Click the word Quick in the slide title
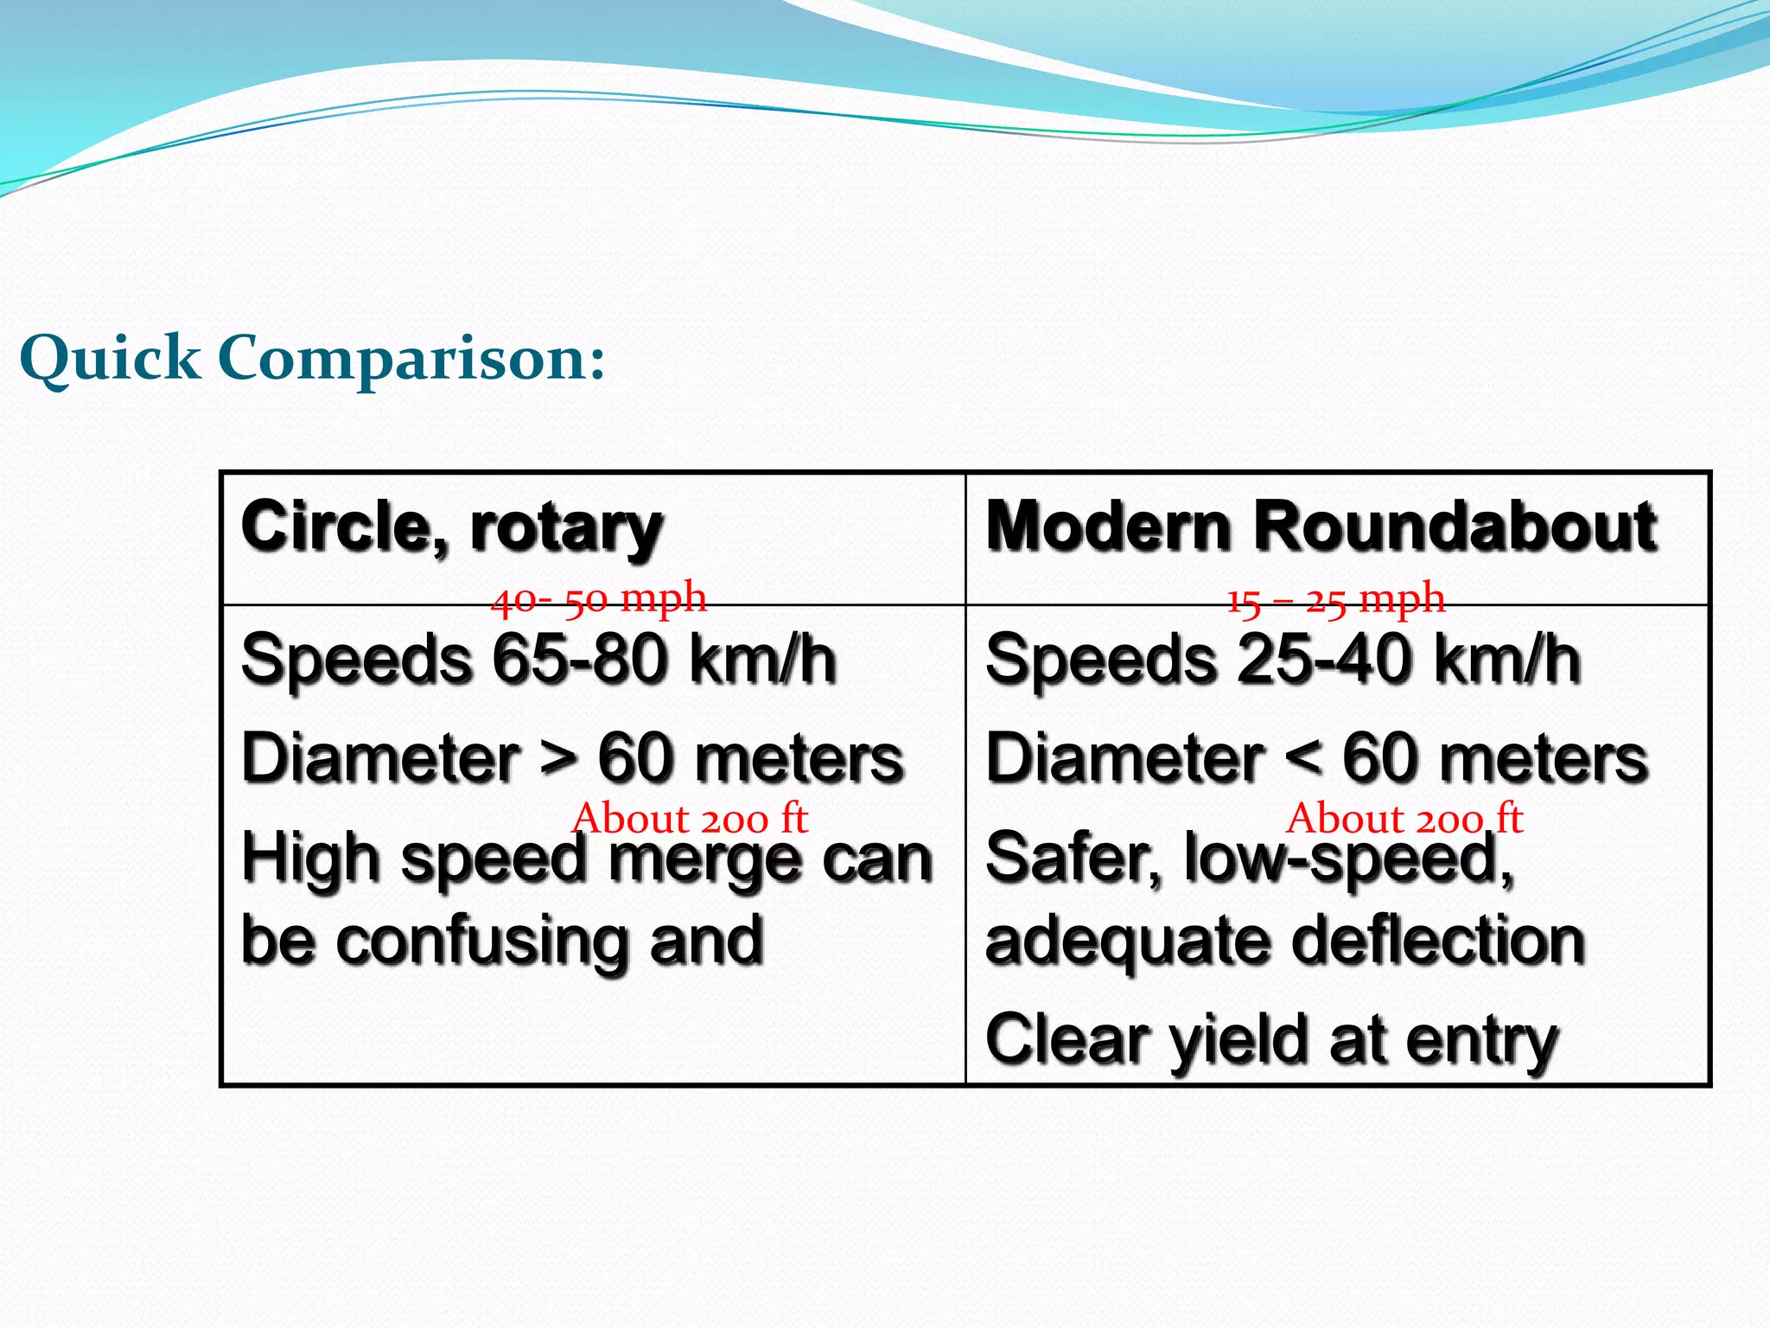pos(110,359)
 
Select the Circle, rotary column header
pos(452,527)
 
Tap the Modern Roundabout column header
pos(1321,526)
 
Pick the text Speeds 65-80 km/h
pos(538,660)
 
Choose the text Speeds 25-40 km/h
pos(1283,660)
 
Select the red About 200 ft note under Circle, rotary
pos(690,818)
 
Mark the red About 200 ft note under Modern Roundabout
pos(1404,818)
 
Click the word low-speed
pos(1348,859)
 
